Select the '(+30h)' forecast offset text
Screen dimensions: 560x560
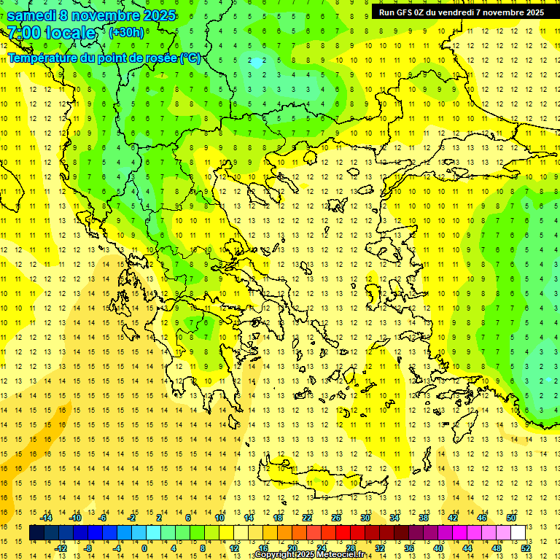pyautogui.click(x=126, y=33)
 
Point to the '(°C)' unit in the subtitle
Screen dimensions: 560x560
pyautogui.click(x=190, y=58)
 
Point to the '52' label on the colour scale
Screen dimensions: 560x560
pyautogui.click(x=526, y=548)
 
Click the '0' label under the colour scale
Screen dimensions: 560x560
pyautogui.click(x=144, y=548)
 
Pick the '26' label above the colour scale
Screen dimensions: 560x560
pyautogui.click(x=335, y=518)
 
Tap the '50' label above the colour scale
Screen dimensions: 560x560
pyautogui.click(x=510, y=518)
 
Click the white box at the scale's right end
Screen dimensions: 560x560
pyautogui.click(x=518, y=533)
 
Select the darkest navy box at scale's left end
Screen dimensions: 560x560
pyautogui.click(x=36, y=533)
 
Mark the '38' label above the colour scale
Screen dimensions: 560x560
pyautogui.click(x=423, y=518)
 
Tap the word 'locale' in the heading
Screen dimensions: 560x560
pyautogui.click(x=70, y=33)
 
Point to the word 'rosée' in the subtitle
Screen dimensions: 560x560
pyautogui.click(x=162, y=58)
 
